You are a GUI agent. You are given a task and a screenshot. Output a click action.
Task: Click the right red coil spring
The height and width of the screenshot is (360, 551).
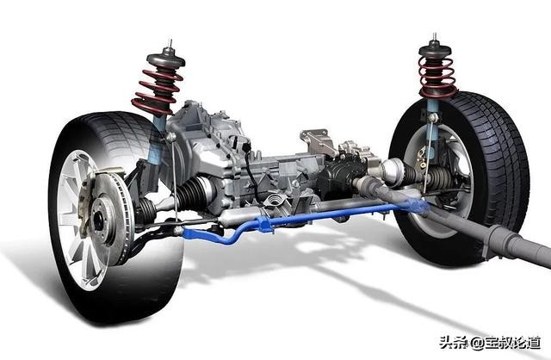[x=436, y=78]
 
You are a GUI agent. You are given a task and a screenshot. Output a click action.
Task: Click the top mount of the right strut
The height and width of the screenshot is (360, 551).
[x=435, y=49]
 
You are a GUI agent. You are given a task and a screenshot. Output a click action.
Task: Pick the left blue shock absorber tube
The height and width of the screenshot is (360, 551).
[x=157, y=140]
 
